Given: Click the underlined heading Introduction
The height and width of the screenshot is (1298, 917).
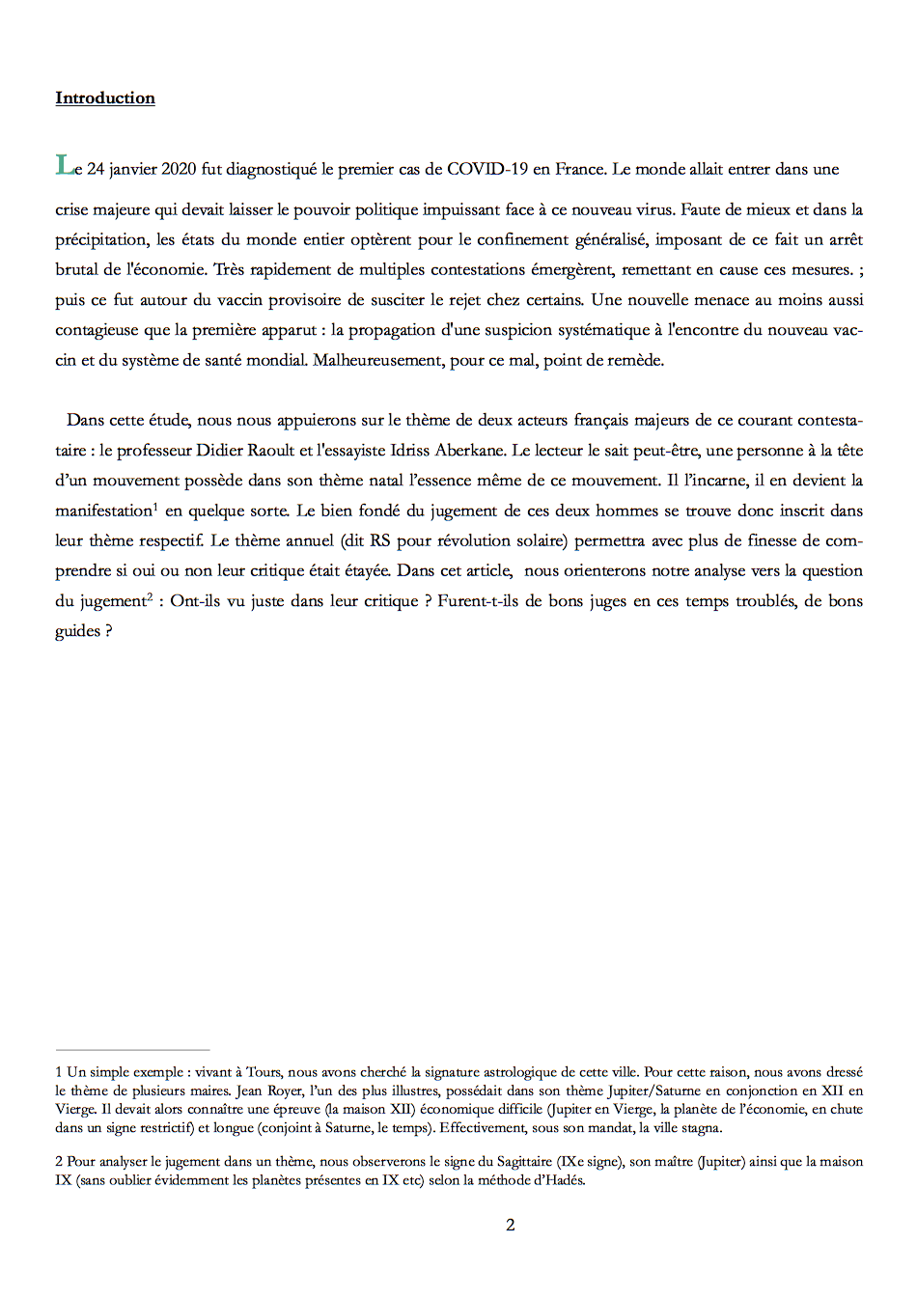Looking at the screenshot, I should pos(104,98).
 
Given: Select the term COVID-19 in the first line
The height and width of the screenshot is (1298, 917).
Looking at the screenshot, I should pos(487,169).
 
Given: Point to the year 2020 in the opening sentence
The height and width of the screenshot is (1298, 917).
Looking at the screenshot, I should pos(179,169).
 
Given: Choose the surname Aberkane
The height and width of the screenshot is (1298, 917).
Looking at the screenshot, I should pos(469,450).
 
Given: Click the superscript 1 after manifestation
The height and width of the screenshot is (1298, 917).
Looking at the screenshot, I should pos(155,506).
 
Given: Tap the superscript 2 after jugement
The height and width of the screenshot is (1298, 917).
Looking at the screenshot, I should pos(150,596).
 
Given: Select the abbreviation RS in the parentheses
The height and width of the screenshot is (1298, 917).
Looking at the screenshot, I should pos(379,540).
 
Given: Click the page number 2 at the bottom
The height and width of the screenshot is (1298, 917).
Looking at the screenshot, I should pos(510,1226).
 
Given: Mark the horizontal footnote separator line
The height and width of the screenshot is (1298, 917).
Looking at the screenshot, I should pos(132,1050).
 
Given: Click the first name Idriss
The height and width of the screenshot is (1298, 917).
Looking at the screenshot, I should pos(411,450).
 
